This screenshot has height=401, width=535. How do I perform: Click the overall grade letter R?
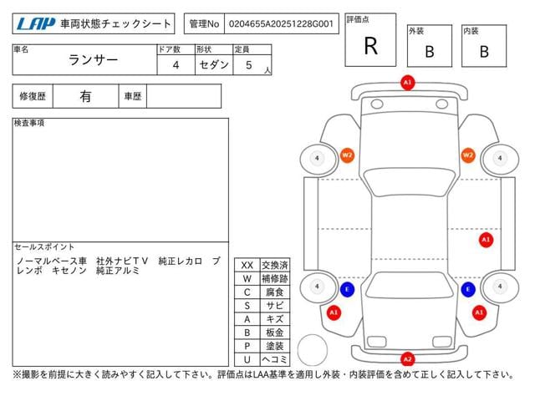pos(370,46)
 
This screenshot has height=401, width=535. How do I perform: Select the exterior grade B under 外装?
pos(429,51)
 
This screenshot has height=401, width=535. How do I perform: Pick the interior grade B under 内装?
pos(484,51)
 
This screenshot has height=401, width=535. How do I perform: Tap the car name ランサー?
pos(93,61)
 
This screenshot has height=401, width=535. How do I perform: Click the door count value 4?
pos(175,64)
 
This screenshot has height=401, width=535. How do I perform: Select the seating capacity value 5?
pos(249,64)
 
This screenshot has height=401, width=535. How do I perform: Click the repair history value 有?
pos(85,96)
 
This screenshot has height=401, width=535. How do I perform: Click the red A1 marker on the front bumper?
pos(407,84)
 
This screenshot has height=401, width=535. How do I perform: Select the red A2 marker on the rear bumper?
pos(407,359)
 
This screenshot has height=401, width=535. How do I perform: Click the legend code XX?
pos(247,265)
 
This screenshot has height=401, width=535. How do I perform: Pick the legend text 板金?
pos(274,332)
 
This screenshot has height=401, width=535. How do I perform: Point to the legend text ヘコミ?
pos(274,358)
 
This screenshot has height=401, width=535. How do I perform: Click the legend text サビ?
pos(274,305)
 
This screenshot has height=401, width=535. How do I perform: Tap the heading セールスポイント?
pos(44,247)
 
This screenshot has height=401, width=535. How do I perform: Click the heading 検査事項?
pos(29,123)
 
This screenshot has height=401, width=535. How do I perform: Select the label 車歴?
pos(132,96)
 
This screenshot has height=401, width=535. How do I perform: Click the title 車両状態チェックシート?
pos(115,24)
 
